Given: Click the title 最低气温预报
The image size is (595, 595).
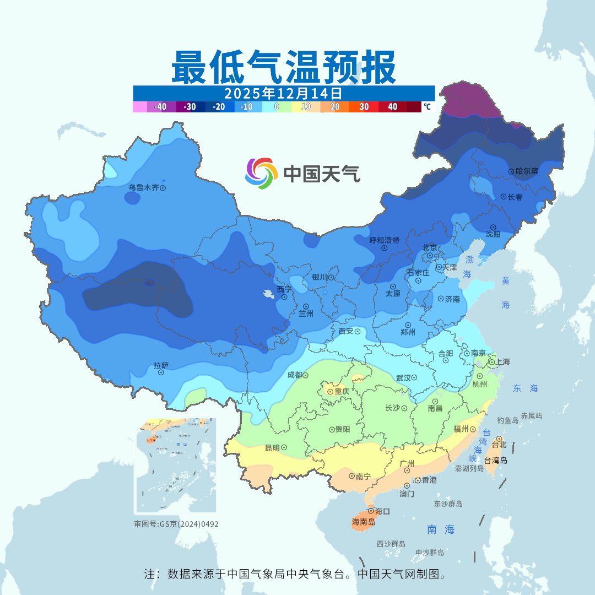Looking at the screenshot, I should (283, 67).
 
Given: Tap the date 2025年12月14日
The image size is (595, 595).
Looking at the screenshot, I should (283, 93).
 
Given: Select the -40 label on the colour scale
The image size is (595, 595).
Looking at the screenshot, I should (160, 107).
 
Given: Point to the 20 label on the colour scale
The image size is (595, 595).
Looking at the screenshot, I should (334, 107).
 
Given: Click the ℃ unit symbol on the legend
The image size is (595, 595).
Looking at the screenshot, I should (427, 107).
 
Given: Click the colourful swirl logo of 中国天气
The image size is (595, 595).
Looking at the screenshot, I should (261, 174).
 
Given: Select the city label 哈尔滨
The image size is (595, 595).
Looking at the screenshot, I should (527, 171).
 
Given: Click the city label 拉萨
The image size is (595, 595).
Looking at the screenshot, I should (161, 365).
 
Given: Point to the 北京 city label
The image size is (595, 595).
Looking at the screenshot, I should (429, 247).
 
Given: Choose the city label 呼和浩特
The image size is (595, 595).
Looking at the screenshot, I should (384, 240).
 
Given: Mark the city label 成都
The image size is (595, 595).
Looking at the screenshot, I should (295, 375).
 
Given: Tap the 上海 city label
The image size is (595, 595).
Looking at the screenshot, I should (502, 362).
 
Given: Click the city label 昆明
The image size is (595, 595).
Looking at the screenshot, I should (272, 447).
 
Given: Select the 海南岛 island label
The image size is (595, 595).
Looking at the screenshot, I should (363, 522).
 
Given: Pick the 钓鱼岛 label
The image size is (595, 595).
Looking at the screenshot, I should (507, 420).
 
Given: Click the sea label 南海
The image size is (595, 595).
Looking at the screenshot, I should (441, 529).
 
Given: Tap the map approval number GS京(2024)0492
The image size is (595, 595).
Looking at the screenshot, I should (176, 524).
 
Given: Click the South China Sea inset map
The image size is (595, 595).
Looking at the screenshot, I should (176, 466).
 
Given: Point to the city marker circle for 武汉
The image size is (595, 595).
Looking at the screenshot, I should (414, 378).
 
